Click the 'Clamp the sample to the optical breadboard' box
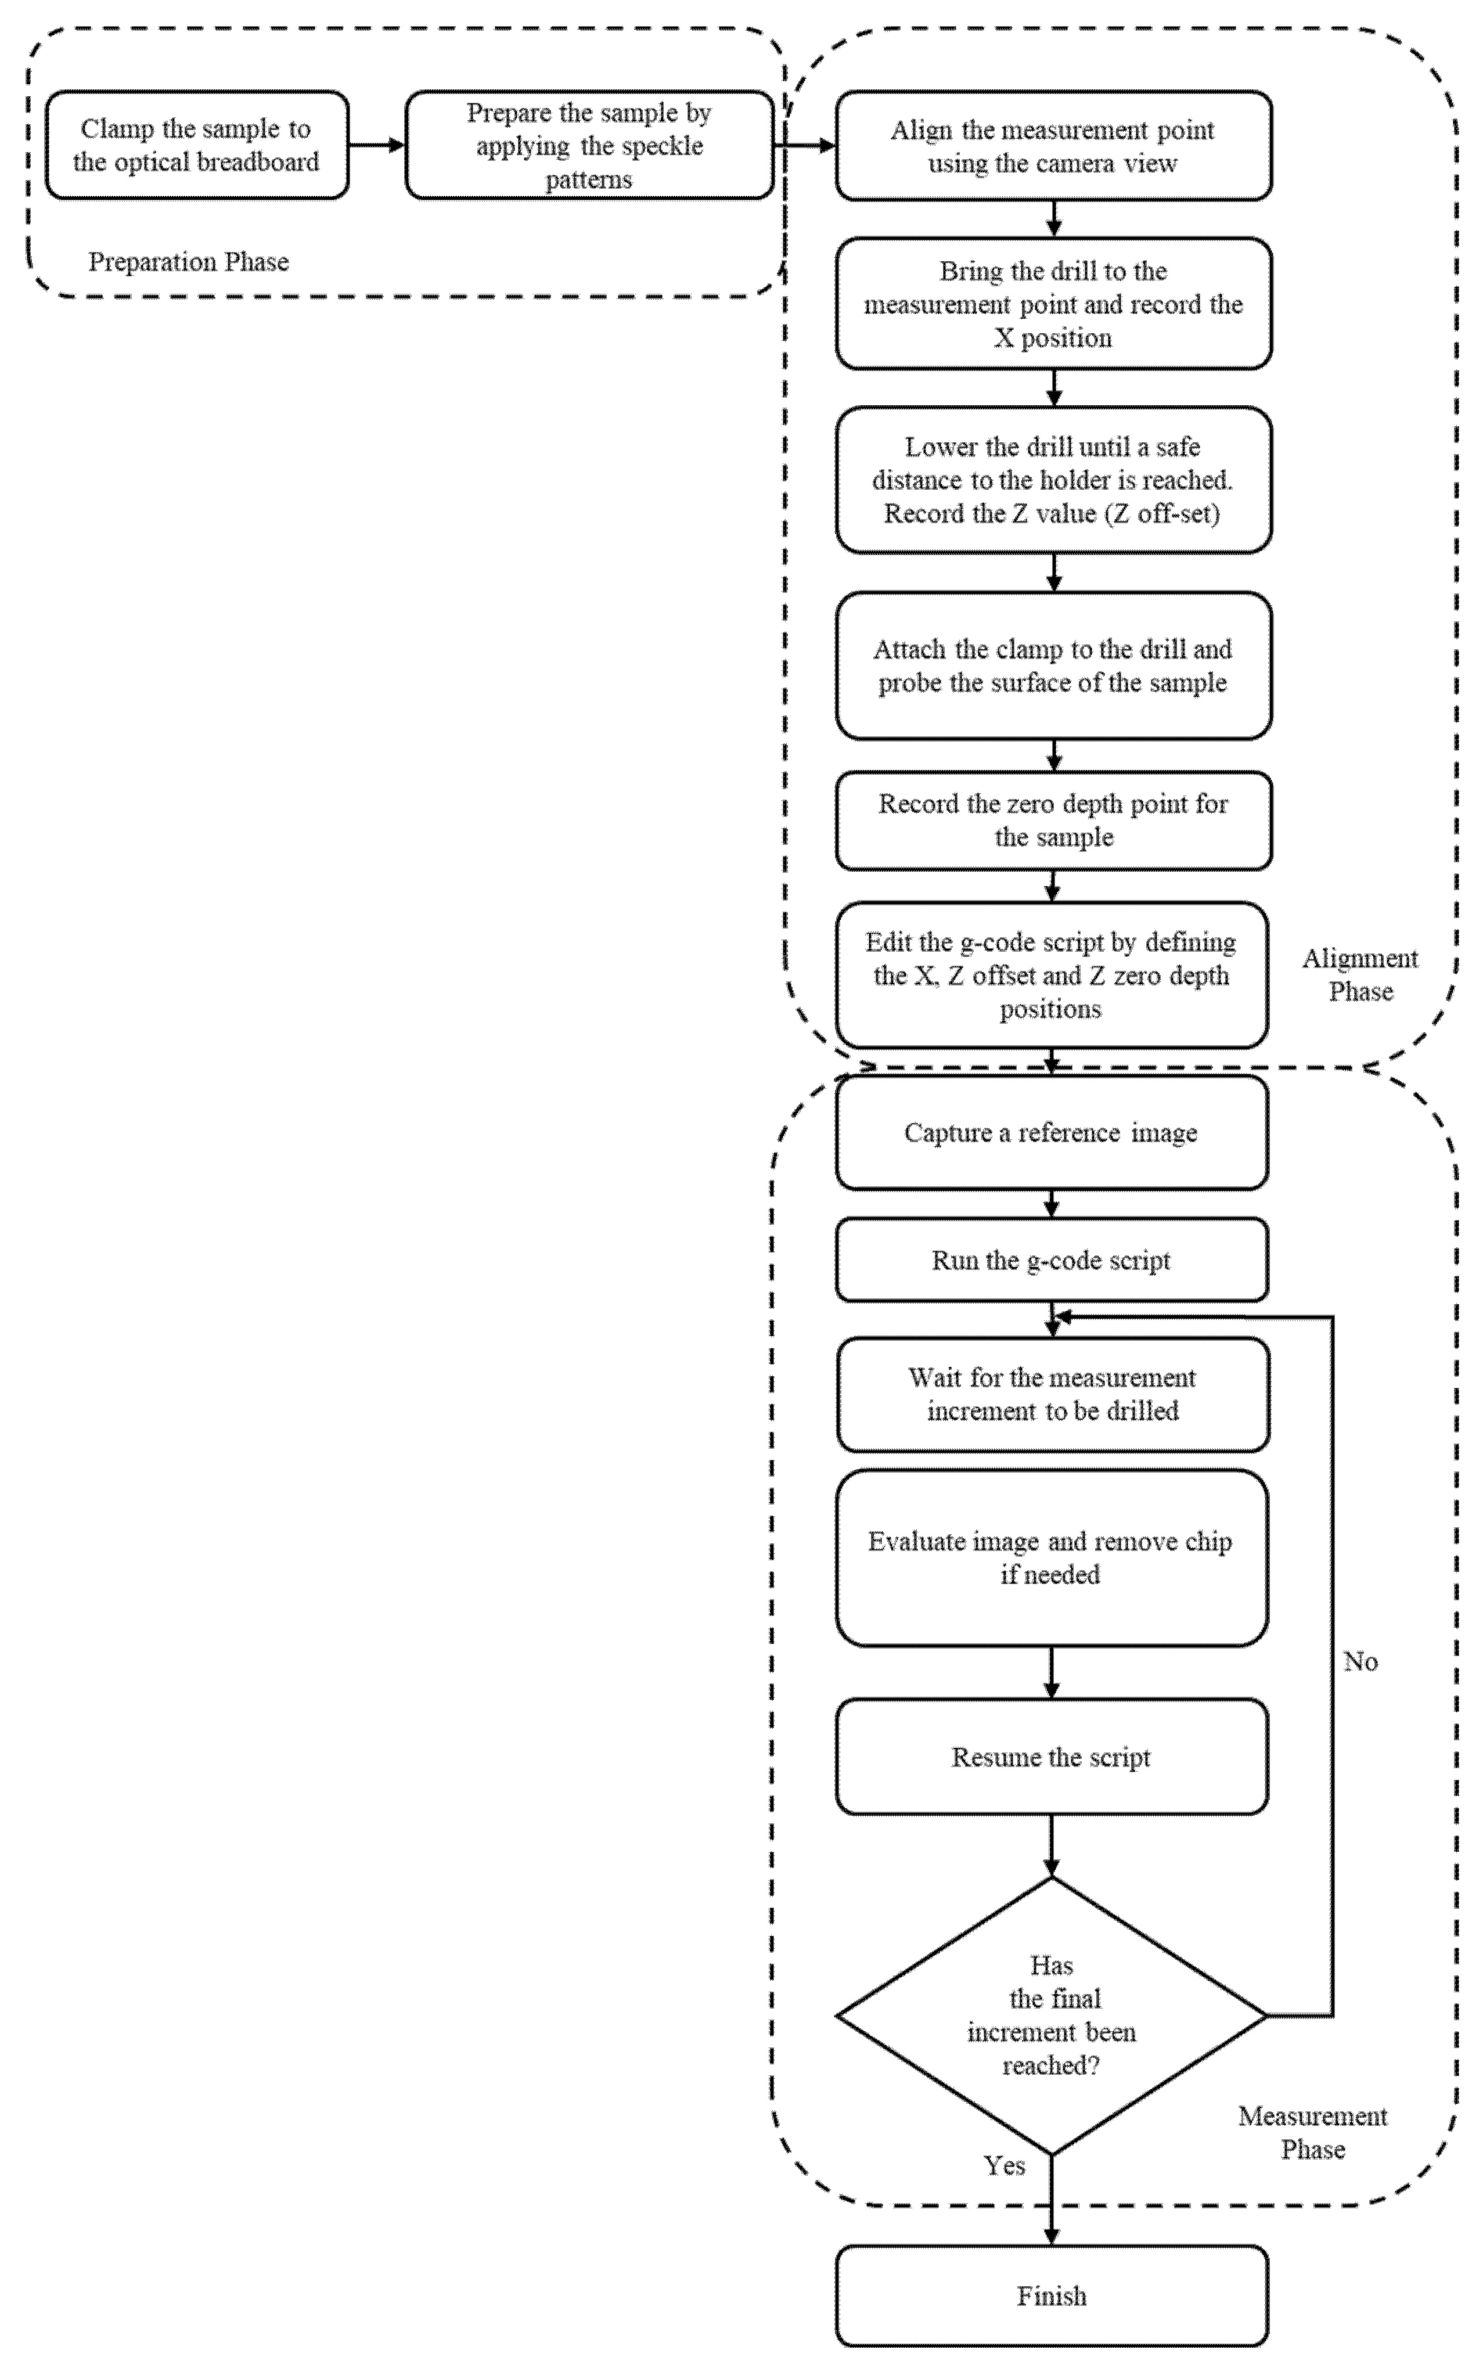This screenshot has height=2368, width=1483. point(196,145)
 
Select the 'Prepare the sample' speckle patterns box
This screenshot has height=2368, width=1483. point(588,145)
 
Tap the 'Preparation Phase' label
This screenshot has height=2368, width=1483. point(188,262)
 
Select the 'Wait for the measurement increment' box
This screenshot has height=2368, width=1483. point(1052,1394)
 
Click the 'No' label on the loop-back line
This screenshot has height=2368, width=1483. point(1360,1661)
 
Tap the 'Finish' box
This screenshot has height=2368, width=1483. point(1052,2295)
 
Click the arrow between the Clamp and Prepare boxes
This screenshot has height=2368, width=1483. point(377,145)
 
